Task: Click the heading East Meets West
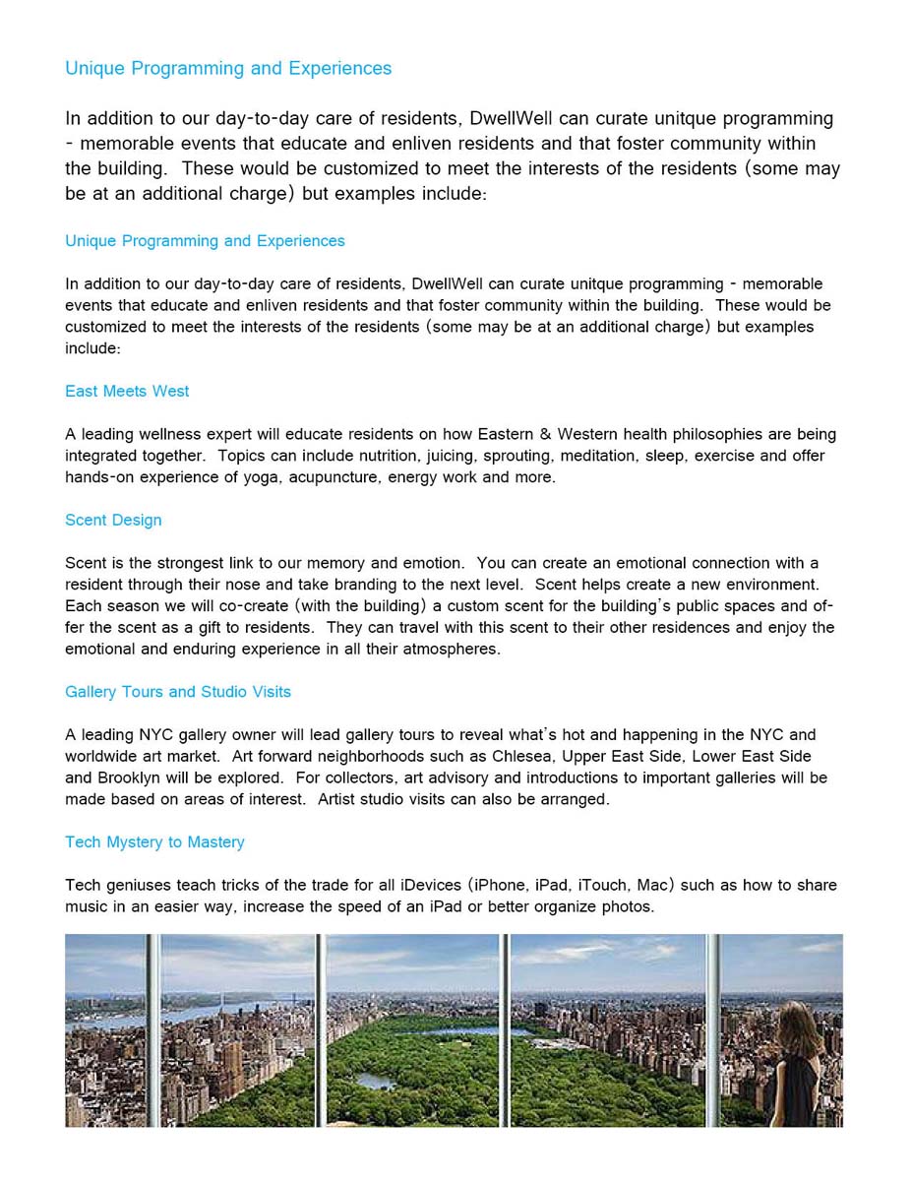127,391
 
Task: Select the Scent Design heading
113,520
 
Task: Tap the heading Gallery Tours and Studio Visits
178,692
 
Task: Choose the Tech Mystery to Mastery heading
154,841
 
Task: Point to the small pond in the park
376,1081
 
